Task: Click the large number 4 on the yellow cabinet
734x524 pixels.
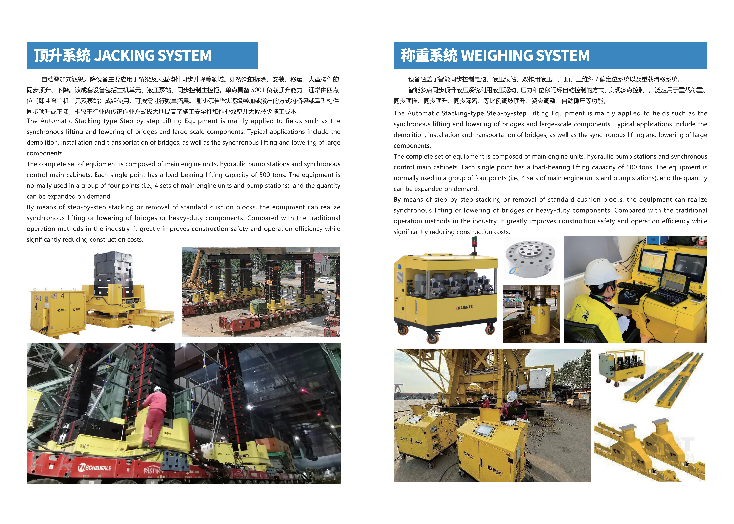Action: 62,296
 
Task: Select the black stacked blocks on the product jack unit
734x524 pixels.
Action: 113,271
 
